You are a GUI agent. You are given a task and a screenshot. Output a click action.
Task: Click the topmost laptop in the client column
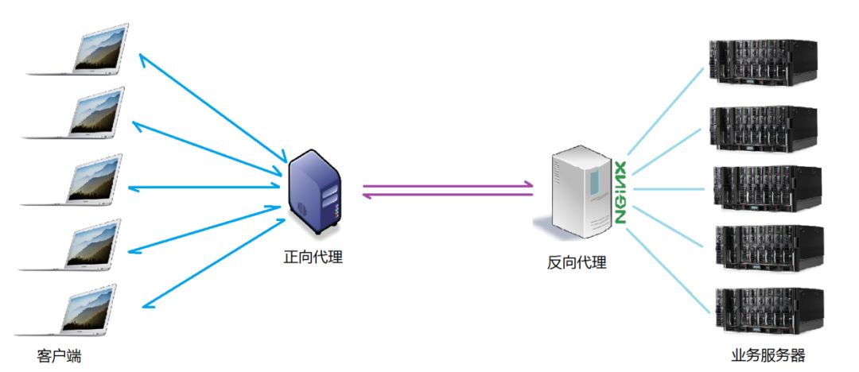coord(83,51)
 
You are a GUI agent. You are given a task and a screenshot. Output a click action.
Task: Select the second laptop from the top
coord(83,115)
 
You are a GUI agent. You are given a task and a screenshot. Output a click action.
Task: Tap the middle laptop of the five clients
coord(83,181)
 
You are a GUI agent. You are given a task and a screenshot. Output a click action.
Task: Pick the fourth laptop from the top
coord(83,247)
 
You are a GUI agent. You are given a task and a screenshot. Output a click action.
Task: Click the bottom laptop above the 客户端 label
coord(83,312)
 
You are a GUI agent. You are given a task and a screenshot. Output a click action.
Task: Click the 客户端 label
coord(59,356)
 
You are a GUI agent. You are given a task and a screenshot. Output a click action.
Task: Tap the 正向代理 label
coord(313,257)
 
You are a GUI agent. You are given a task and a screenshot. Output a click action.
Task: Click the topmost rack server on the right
coord(764,64)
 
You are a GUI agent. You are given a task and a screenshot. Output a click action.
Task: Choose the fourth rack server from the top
coord(764,248)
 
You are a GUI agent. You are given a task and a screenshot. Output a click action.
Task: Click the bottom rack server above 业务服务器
coord(764,309)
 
